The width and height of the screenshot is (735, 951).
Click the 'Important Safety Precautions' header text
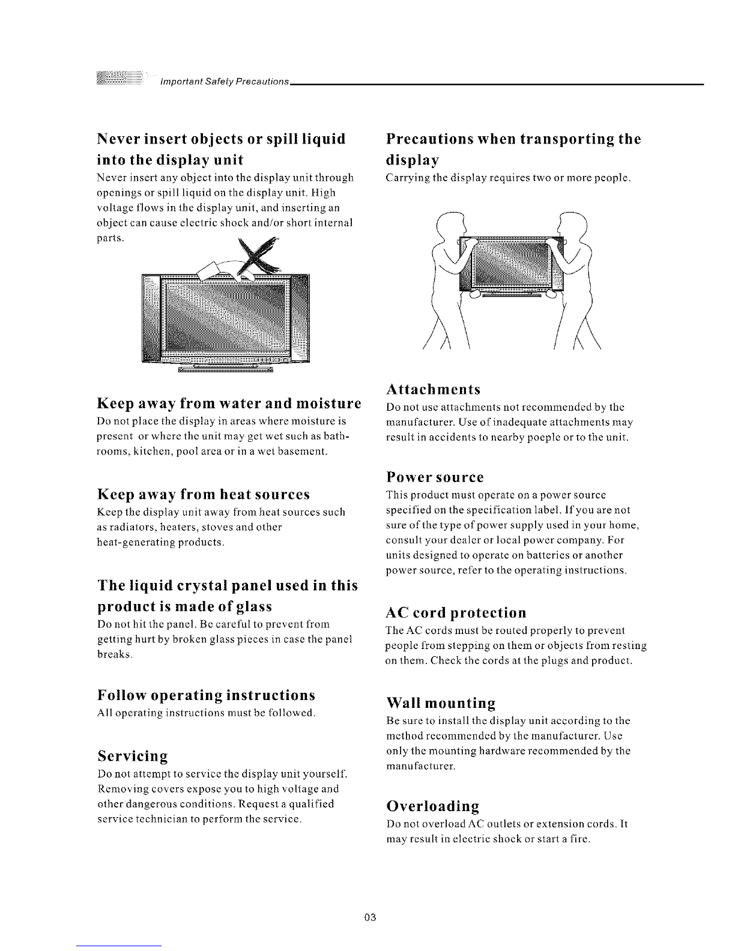225,82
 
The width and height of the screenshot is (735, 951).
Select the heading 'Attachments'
433,389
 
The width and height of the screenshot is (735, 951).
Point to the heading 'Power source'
435,477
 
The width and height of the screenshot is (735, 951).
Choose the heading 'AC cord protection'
456,612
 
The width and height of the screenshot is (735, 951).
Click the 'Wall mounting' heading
441,703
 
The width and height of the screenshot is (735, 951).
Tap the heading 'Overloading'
432,806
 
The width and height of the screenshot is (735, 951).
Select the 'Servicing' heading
133,756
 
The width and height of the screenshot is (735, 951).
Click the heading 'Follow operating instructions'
206,695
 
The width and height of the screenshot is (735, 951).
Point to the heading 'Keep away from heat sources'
203,494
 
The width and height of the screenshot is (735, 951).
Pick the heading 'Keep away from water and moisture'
229,403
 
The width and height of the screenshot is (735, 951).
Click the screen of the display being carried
511,263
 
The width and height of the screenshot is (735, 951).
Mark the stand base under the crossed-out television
225,369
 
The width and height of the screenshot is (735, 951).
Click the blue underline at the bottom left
119,946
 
